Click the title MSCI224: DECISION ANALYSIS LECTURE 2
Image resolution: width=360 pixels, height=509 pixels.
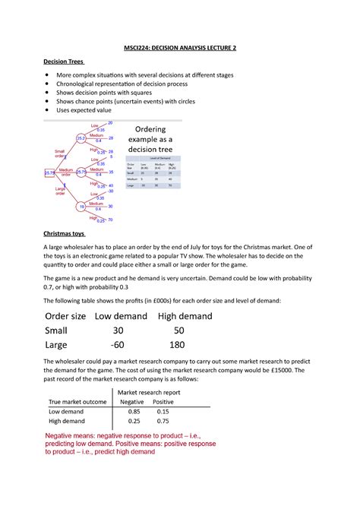coord(179,48)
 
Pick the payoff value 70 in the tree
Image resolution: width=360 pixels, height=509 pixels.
coord(110,220)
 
